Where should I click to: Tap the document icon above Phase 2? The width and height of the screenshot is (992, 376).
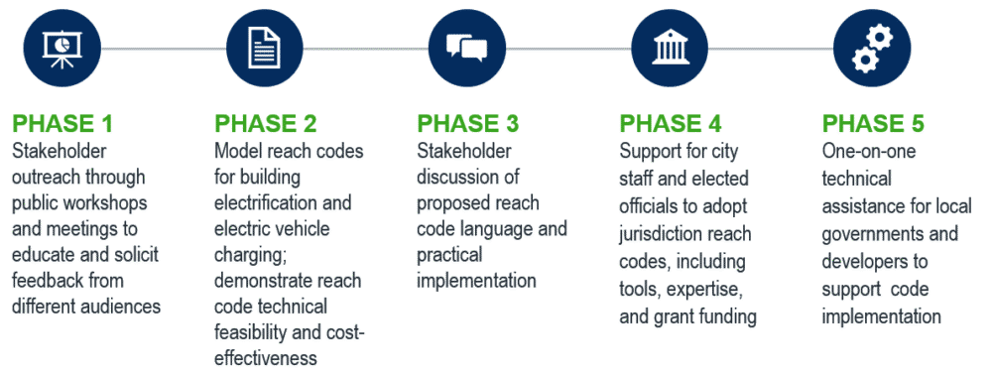264,47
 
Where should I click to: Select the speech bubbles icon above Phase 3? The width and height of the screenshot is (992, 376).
467,47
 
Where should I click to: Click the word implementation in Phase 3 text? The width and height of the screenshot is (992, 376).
476,281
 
